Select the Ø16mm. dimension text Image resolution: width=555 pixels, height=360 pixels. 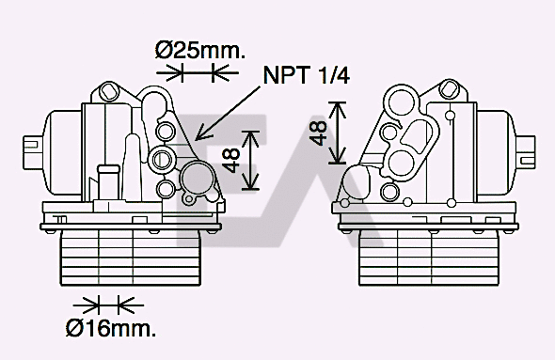click(x=110, y=328)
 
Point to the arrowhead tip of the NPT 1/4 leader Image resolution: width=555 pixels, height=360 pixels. click(x=195, y=138)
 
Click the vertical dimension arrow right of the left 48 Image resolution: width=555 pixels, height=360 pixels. click(x=249, y=159)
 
